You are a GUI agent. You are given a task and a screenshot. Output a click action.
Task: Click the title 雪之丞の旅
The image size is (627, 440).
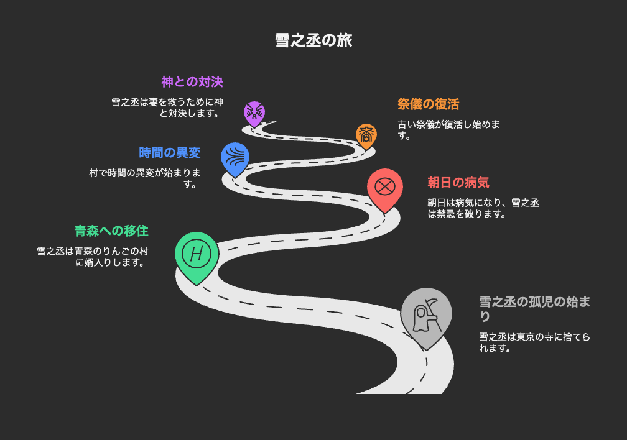(313, 40)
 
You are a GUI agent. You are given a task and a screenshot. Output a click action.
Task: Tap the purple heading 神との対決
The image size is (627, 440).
(192, 82)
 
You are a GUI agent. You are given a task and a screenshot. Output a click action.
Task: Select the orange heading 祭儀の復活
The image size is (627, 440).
(428, 104)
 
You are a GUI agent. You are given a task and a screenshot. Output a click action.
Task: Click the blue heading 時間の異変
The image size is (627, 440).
(170, 153)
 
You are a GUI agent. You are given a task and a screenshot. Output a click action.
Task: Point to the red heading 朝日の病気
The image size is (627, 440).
(458, 183)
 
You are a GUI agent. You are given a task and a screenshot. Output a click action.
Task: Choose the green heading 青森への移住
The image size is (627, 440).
(111, 231)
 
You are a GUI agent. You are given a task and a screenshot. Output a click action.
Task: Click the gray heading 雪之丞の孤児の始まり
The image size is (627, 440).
(535, 308)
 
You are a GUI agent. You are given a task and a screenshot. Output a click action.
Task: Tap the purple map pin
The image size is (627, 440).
(254, 114)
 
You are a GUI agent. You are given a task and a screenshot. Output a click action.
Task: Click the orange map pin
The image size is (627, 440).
(366, 137)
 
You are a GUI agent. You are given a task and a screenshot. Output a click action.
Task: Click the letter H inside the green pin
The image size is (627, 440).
(197, 254)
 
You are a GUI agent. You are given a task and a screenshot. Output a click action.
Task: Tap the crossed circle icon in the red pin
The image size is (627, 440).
(385, 186)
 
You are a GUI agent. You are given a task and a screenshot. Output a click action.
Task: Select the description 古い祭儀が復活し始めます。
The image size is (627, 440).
(448, 130)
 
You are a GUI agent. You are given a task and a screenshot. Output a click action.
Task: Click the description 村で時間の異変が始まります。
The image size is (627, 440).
(145, 178)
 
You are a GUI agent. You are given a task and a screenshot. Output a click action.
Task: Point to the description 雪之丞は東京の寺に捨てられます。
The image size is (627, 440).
(535, 342)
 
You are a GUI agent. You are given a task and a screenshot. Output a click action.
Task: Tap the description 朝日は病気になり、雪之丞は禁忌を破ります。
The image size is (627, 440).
(483, 208)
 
